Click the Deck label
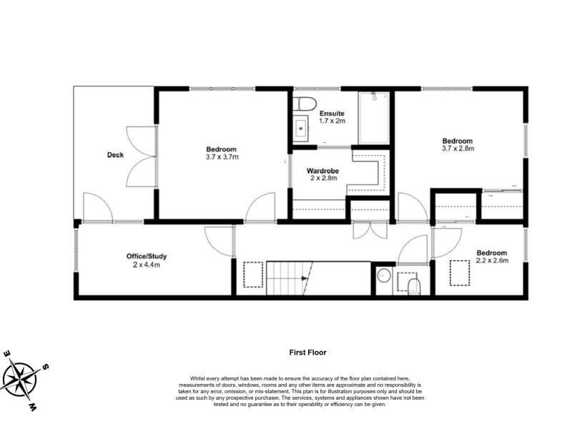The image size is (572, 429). click(x=115, y=155)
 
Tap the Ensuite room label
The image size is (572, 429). click(x=332, y=114)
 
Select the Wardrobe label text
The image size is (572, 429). click(x=323, y=171)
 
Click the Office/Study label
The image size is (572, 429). click(x=147, y=257)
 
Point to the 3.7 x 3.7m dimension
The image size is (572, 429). click(x=222, y=157)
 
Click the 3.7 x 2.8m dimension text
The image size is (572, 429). click(x=458, y=149)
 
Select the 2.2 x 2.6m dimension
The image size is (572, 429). click(x=492, y=260)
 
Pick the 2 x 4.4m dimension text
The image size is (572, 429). click(x=147, y=265)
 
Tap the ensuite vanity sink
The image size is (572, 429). click(x=301, y=129)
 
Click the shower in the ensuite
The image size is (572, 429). click(x=373, y=117)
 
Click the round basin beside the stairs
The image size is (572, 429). click(x=383, y=275)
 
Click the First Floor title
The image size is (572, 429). click(x=308, y=352)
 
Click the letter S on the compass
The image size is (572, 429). click(x=46, y=367)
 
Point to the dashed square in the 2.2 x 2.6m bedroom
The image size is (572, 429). click(x=460, y=272)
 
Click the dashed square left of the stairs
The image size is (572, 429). click(x=253, y=275)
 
